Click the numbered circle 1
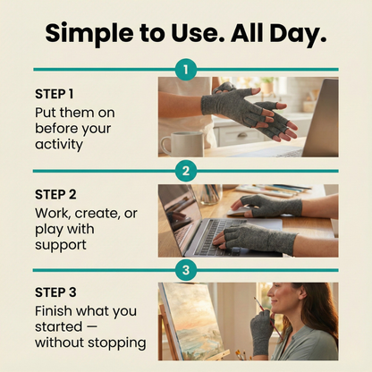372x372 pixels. click(x=186, y=69)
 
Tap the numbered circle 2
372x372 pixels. click(x=186, y=170)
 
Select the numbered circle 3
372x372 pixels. click(x=186, y=269)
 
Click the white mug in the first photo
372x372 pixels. click(x=182, y=143)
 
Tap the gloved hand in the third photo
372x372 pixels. click(x=261, y=331)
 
